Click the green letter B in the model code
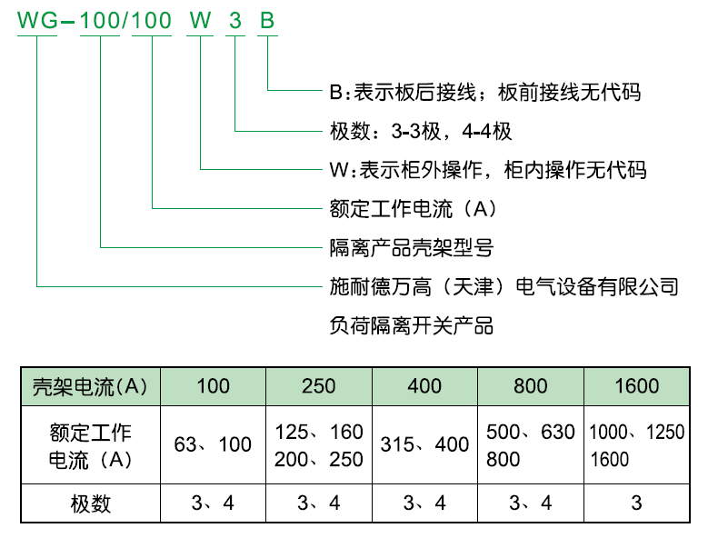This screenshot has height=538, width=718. pyautogui.click(x=267, y=21)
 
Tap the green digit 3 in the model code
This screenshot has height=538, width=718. pyautogui.click(x=234, y=21)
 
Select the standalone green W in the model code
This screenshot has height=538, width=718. pyautogui.click(x=200, y=21)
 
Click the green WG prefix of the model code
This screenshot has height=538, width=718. pyautogui.click(x=38, y=21)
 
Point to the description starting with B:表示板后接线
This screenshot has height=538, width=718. pyautogui.click(x=485, y=92)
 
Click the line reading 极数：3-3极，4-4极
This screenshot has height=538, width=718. pyautogui.click(x=421, y=132)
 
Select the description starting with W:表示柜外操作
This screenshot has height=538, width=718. pyautogui.click(x=488, y=170)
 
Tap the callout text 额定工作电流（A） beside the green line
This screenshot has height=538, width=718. pyautogui.click(x=413, y=209)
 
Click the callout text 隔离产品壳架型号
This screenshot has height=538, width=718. pyautogui.click(x=411, y=248)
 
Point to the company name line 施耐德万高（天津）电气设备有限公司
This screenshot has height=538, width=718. pyautogui.click(x=504, y=287)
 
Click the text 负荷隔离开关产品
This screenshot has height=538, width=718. pyautogui.click(x=411, y=326)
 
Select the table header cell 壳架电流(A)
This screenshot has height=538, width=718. pyautogui.click(x=90, y=387)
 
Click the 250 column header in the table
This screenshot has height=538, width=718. pyautogui.click(x=319, y=386)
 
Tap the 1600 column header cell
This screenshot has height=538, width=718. pyautogui.click(x=636, y=386)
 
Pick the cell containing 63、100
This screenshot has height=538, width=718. pyautogui.click(x=213, y=444)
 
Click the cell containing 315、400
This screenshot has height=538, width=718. pyautogui.click(x=424, y=444)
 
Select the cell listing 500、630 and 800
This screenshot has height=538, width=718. pyautogui.click(x=530, y=445)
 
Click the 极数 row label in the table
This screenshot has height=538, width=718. pyautogui.click(x=91, y=503)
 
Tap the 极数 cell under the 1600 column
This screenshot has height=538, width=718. pyautogui.click(x=636, y=503)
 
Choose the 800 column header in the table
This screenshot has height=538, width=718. pyautogui.click(x=530, y=386)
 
